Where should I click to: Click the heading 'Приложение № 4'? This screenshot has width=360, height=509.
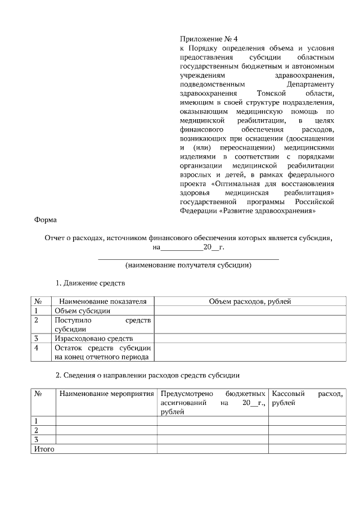click(x=209, y=39)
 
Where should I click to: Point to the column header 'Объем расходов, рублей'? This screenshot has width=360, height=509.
click(x=250, y=301)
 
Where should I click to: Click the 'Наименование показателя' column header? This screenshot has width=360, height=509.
click(x=102, y=301)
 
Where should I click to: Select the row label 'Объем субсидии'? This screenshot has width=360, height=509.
click(x=78, y=310)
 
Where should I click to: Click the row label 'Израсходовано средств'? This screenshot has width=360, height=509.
click(x=93, y=339)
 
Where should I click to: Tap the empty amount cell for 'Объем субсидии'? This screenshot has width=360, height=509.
click(x=250, y=310)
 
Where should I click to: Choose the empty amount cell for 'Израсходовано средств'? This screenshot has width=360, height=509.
click(x=250, y=339)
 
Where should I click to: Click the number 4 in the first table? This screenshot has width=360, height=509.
click(x=37, y=348)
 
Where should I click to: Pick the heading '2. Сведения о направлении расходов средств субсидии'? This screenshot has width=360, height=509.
click(x=148, y=375)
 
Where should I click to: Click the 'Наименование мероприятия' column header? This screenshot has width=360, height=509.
click(x=106, y=394)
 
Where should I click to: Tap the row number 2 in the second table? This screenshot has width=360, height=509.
click(x=37, y=430)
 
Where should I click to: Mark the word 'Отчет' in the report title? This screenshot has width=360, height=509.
click(x=56, y=238)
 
